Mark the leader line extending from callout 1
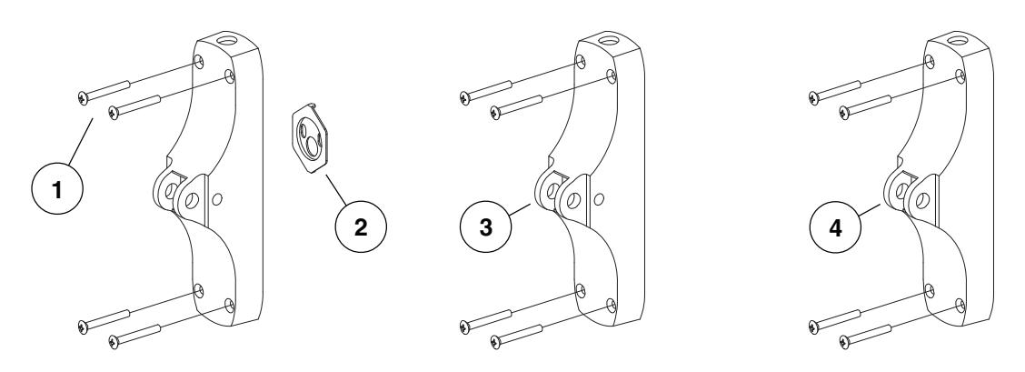click(76, 143)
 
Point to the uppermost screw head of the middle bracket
click(464, 95)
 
